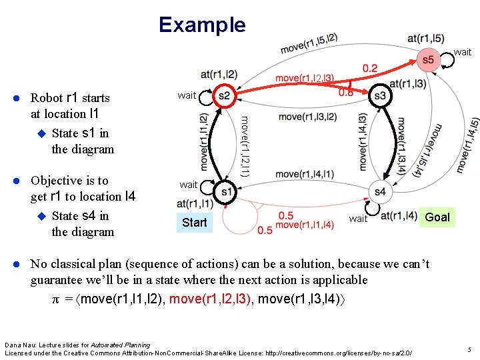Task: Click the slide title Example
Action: (202, 25)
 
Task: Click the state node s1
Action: (227, 192)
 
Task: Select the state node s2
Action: (223, 96)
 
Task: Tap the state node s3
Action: (380, 96)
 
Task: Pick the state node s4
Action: (380, 192)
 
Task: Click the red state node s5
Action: (428, 60)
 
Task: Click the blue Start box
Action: (194, 222)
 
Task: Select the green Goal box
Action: (437, 217)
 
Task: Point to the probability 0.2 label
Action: (370, 68)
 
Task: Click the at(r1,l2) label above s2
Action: (219, 74)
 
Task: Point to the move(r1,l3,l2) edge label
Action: (307, 117)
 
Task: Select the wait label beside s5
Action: (462, 52)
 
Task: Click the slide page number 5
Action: (469, 349)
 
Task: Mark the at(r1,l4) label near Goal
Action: (399, 215)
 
